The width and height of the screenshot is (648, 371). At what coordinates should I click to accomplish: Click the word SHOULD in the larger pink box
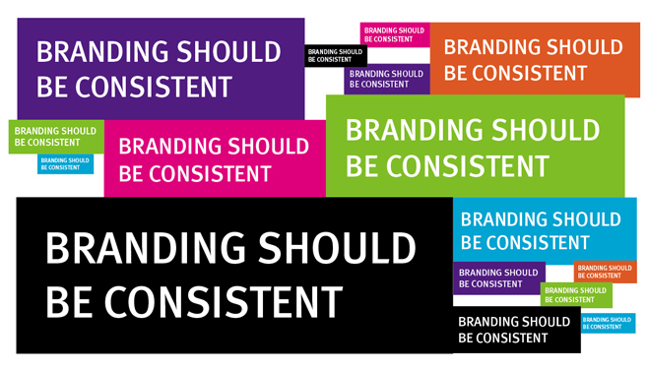268,147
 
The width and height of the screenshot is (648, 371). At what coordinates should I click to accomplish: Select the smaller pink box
394,34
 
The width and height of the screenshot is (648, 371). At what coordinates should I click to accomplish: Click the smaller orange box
605,272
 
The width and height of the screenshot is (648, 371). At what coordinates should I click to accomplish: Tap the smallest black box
336,55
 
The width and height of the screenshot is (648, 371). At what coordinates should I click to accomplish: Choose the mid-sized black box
516,330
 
